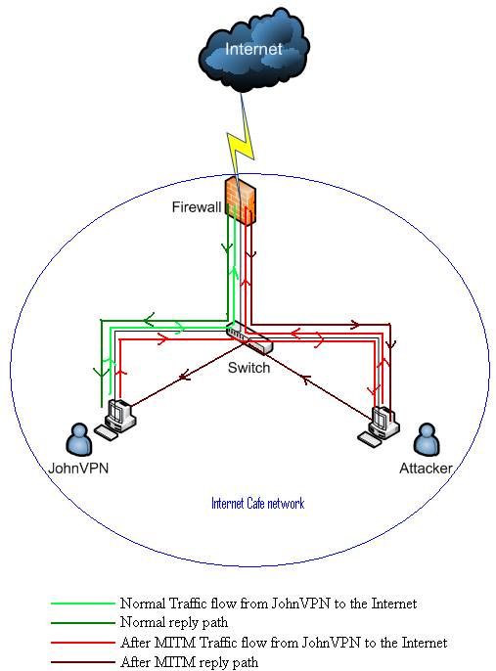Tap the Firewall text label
197,207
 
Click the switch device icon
248,337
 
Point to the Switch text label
248,368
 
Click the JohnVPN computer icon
115,420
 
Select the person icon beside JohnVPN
78,439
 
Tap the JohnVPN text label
78,469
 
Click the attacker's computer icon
379,426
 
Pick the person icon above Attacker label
427,439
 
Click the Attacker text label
426,469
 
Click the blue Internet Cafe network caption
257,503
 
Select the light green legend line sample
83,604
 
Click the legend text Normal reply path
174,622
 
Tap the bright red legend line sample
83,643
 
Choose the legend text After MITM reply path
190,662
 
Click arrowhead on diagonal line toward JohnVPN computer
184,377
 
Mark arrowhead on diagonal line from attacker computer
305,379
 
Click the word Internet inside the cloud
253,49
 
